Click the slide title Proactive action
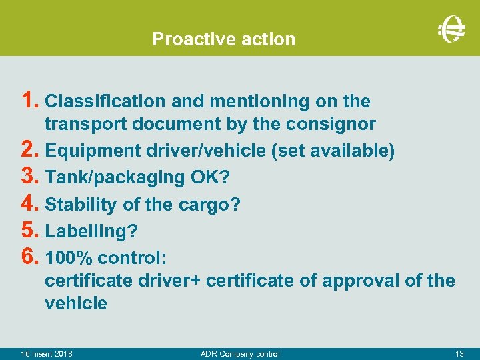223,39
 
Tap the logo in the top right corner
451,28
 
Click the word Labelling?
91,231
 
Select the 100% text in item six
66,257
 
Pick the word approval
361,281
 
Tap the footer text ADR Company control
240,353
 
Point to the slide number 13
459,353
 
